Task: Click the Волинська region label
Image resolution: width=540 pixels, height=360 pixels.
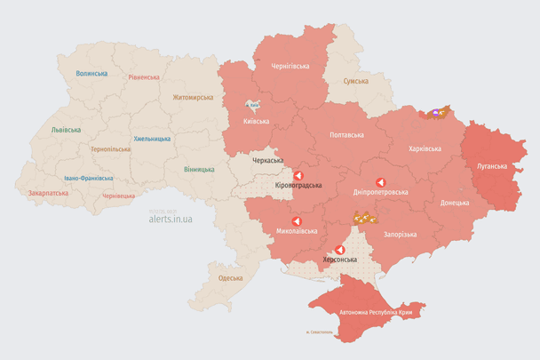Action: tap(91, 74)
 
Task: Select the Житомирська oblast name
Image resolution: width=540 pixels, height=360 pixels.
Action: tap(192, 97)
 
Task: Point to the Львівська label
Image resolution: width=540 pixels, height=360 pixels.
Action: tap(66, 130)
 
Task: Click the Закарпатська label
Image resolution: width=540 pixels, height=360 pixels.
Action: tap(47, 192)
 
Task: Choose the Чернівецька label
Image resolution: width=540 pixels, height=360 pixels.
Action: tap(118, 196)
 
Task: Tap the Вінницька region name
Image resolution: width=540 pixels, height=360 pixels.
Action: tap(199, 169)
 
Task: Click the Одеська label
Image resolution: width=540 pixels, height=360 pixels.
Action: tap(230, 278)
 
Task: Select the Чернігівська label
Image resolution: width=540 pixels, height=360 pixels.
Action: tap(290, 65)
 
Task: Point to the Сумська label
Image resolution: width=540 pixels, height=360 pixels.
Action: tap(355, 81)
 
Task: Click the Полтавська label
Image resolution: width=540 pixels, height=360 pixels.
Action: tap(346, 135)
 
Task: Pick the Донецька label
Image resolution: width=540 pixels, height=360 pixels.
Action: tap(456, 203)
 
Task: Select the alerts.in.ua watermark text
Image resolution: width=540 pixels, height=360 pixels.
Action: tap(171, 217)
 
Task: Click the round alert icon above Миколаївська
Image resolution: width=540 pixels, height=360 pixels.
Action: tap(296, 221)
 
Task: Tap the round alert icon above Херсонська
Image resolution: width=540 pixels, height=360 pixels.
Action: tap(338, 251)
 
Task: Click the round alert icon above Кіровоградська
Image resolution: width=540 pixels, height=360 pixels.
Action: tap(298, 176)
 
